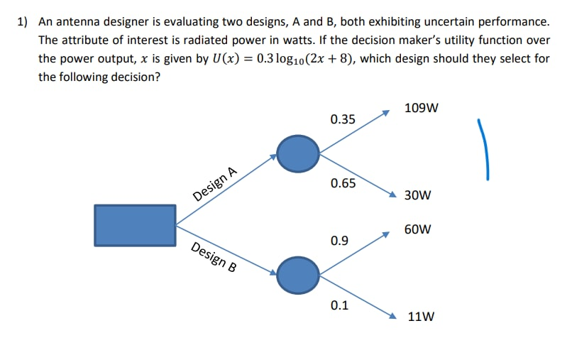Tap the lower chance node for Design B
point(298,274)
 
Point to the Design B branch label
point(214,258)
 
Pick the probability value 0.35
point(343,119)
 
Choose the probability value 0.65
point(343,184)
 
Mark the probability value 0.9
point(339,241)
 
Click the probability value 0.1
point(339,306)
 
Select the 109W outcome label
point(421,109)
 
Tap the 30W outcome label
point(417,195)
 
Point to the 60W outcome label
point(418,230)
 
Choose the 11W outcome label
point(422,317)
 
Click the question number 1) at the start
point(22,22)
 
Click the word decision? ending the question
point(135,77)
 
